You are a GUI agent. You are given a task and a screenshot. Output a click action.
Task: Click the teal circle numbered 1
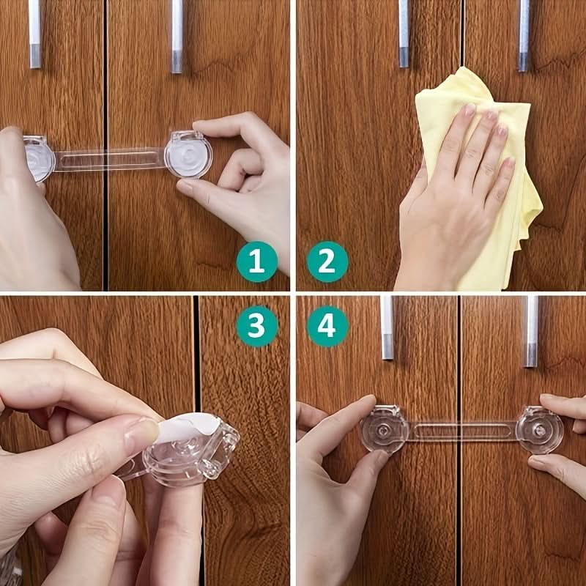click(257, 262)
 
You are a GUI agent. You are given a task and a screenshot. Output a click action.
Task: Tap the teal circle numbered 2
click(327, 262)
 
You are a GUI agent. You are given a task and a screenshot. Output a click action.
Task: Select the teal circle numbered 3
click(257, 326)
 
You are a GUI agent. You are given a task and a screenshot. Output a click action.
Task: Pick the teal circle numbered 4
click(327, 326)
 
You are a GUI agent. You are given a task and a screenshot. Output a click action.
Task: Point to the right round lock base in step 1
click(188, 155)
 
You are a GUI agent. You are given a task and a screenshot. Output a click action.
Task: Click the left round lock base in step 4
click(384, 429)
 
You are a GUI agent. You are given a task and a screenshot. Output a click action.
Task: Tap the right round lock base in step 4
click(539, 430)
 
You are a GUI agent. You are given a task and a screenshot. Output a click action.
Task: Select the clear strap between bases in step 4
click(463, 431)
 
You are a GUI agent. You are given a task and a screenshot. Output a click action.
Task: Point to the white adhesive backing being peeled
click(187, 427)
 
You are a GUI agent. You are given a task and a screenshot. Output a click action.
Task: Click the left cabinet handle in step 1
click(34, 34)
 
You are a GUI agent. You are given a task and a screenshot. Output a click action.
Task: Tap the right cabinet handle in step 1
click(177, 36)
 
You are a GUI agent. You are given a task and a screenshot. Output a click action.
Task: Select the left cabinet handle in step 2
click(404, 34)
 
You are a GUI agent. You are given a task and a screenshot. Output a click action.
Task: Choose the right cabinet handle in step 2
click(524, 35)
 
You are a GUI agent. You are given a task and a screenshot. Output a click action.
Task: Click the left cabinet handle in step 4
click(387, 327)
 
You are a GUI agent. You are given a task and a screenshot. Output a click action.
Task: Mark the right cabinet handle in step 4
click(531, 331)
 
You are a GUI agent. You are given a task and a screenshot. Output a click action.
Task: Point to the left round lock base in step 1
click(39, 158)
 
